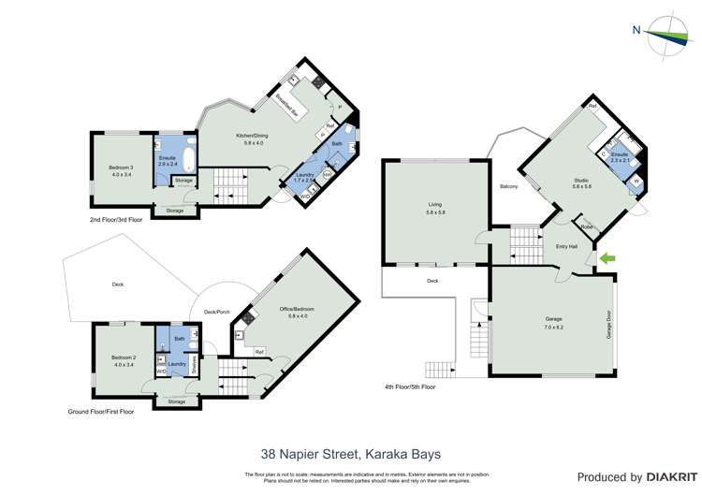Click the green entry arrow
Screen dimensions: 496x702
(x=607, y=257)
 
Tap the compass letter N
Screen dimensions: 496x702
(x=636, y=29)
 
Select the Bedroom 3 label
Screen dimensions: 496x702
(x=122, y=168)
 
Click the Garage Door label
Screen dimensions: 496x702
(x=608, y=324)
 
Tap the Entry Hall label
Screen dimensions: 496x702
(x=566, y=246)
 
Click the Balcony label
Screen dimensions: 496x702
(x=509, y=186)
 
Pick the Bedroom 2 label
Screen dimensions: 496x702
(x=124, y=357)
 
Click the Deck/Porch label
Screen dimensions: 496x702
(x=217, y=312)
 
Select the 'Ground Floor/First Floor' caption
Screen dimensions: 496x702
(x=101, y=411)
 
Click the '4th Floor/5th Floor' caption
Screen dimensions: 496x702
(x=410, y=387)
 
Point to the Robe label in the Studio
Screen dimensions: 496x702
(x=586, y=227)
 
